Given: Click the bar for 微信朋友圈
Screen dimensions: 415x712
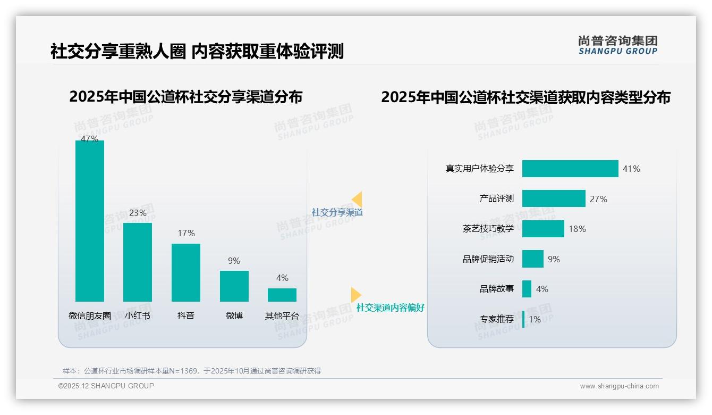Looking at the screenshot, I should [x=90, y=221].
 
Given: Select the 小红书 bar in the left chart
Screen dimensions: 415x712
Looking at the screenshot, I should [x=138, y=262].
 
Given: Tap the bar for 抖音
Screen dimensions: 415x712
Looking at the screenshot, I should [x=186, y=272].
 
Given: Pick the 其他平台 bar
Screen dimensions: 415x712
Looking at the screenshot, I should [x=282, y=295].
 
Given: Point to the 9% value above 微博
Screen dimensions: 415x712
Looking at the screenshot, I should [x=234, y=261].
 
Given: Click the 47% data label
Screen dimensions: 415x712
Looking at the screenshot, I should [x=89, y=139].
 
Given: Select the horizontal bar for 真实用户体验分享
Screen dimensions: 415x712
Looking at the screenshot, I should [x=570, y=169].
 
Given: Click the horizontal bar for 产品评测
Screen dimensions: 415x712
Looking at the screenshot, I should [x=554, y=198].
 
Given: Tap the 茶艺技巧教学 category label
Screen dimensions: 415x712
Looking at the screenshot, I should [x=488, y=229].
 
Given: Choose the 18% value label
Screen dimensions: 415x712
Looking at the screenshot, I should [x=577, y=229].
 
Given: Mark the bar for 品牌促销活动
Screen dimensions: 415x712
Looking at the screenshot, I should [x=533, y=259].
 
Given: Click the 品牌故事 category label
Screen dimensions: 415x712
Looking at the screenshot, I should [x=496, y=289].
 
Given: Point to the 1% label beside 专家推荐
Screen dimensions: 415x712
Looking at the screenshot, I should [x=535, y=319].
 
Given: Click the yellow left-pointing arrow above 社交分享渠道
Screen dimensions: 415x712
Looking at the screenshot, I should [x=357, y=199].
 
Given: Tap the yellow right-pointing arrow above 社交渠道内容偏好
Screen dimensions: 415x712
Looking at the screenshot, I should [x=356, y=295].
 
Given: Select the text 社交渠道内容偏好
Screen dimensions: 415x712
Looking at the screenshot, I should [x=390, y=308].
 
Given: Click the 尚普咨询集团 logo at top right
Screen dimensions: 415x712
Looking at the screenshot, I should [x=617, y=45].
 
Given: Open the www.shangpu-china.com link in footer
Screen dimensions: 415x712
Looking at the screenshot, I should [x=619, y=386].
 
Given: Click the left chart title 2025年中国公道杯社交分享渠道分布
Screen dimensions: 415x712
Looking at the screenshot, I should [x=185, y=97].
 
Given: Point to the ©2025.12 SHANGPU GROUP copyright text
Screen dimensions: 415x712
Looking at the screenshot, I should [x=106, y=386].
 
